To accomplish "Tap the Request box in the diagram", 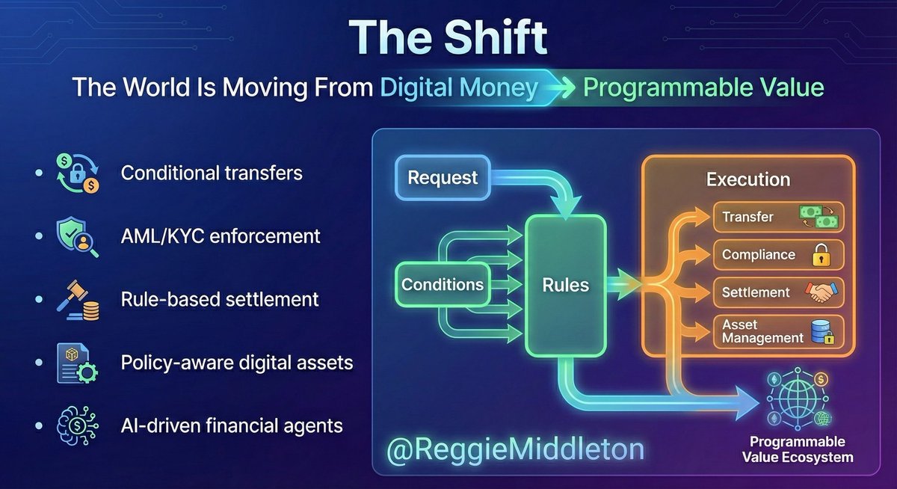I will (x=443, y=178).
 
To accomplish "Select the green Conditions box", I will (x=443, y=285).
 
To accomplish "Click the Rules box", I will (x=566, y=285).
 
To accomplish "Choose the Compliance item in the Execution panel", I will (x=778, y=255).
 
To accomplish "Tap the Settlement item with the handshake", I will (x=778, y=292).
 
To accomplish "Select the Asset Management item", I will (x=778, y=331).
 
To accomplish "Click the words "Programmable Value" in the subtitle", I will (x=703, y=88).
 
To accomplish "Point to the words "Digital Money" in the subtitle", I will (x=459, y=88).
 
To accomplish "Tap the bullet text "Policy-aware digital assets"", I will (x=237, y=363).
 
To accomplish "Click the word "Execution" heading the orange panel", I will (x=748, y=179).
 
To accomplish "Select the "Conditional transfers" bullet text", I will (x=212, y=173).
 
